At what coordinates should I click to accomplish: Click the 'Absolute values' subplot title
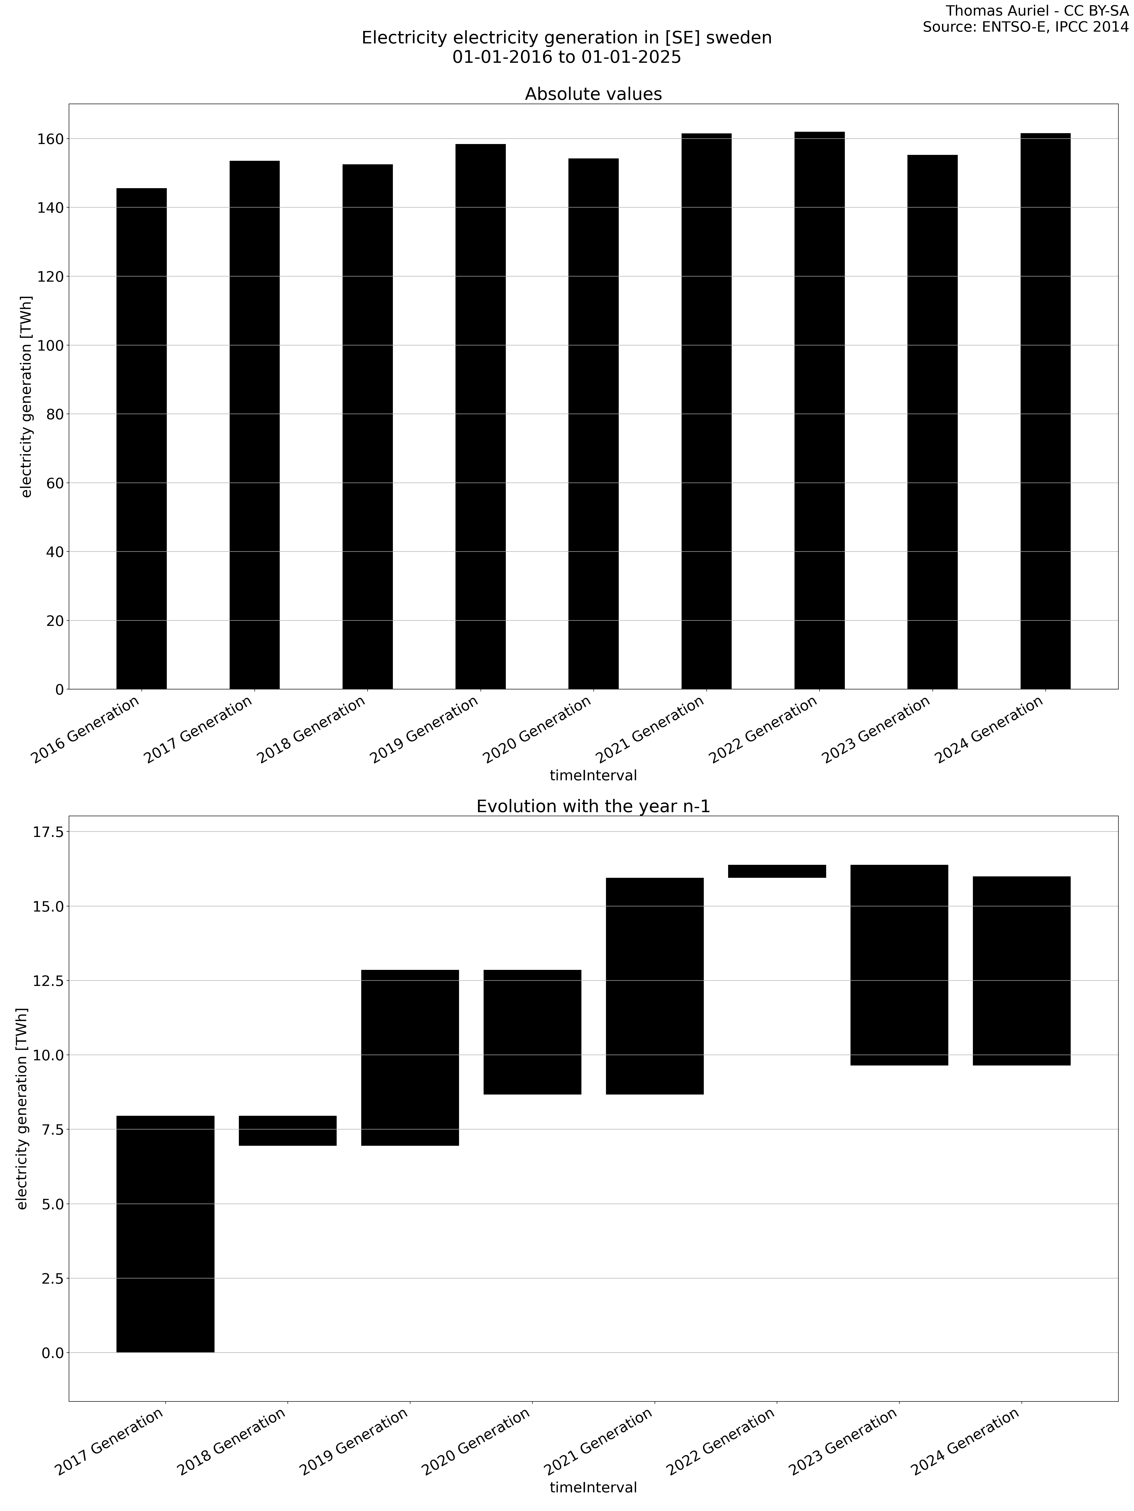tap(593, 94)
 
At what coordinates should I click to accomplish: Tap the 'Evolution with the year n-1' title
tap(593, 807)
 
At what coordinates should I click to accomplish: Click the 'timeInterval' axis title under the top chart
tap(593, 775)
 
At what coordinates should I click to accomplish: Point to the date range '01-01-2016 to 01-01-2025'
tap(567, 57)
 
